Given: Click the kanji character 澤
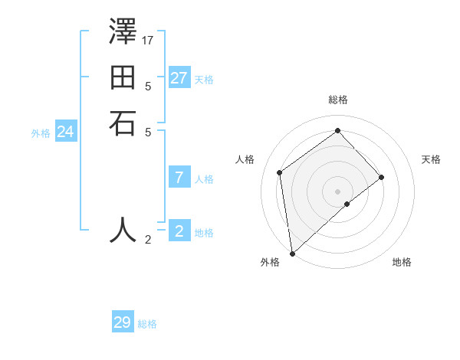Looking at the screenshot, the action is [x=123, y=34].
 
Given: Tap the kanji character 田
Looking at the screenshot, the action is [x=123, y=79].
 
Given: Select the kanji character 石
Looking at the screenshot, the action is [x=123, y=123].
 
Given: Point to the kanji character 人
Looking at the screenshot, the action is [x=123, y=229].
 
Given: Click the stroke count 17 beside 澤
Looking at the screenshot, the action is [x=149, y=38].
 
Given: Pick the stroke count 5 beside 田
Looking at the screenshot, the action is [x=148, y=86].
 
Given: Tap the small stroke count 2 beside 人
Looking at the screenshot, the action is [x=148, y=240].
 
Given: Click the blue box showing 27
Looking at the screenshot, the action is [x=179, y=78].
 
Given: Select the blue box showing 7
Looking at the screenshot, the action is [x=179, y=178].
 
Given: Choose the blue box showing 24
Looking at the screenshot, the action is [x=66, y=132].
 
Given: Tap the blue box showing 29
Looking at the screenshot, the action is [x=123, y=322].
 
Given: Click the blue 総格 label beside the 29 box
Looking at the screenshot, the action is [x=148, y=325].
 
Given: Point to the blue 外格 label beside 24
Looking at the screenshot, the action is [x=41, y=133].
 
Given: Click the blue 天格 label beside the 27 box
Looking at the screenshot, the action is [x=204, y=80].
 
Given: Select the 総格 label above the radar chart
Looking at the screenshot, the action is [x=338, y=100].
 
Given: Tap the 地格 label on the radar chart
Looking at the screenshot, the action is [x=402, y=262].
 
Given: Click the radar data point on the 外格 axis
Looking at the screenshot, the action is [x=292, y=253].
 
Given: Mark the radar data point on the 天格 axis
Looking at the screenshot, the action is [x=382, y=178].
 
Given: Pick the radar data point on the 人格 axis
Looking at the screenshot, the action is [x=280, y=172].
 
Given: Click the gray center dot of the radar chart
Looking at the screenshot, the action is [x=338, y=191].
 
